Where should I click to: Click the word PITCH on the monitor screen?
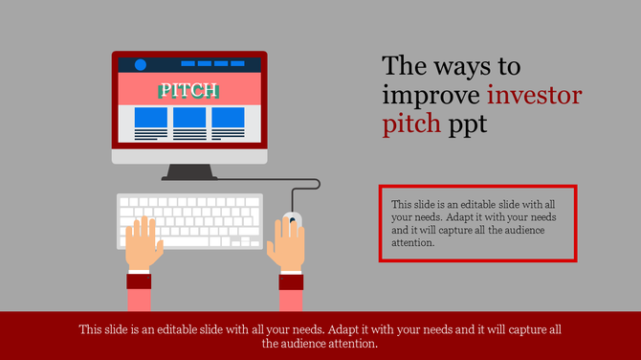(x=189, y=91)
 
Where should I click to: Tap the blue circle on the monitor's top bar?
(x=141, y=65)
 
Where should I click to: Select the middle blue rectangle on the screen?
(x=189, y=118)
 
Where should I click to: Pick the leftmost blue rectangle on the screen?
(x=150, y=118)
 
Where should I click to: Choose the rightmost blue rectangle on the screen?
(x=229, y=118)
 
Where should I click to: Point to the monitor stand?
(x=189, y=171)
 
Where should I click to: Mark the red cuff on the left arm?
(x=140, y=281)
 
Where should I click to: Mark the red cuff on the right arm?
(x=292, y=281)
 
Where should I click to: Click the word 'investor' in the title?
(x=534, y=96)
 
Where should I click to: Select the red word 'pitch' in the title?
(x=411, y=124)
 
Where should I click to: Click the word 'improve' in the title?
(x=431, y=96)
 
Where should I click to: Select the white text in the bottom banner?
(x=320, y=336)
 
